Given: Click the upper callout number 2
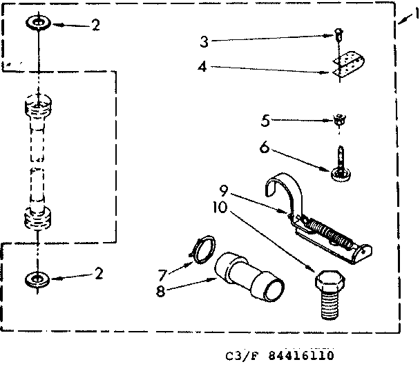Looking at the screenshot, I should tap(95, 25).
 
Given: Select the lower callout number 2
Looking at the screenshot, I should tap(99, 274).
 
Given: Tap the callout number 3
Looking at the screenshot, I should tap(204, 41).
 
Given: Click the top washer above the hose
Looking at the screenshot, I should tap(39, 24).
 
